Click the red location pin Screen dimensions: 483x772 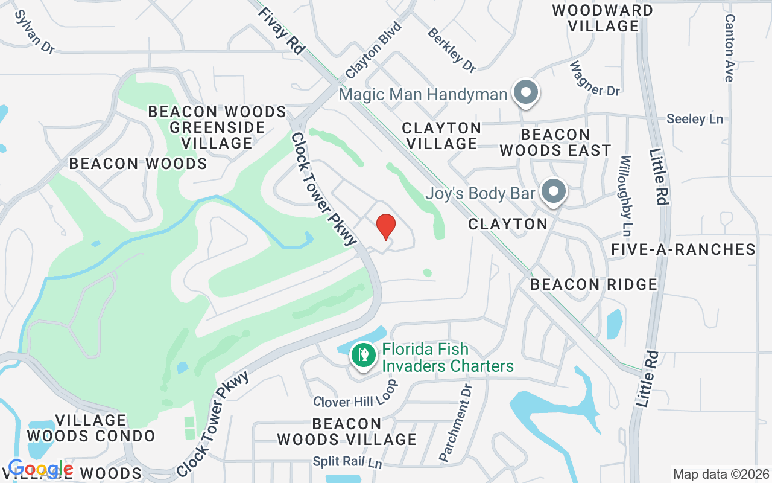(x=386, y=226)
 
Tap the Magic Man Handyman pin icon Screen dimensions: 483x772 (x=526, y=93)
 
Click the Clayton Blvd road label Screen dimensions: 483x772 (x=373, y=51)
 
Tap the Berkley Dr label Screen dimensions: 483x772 (x=452, y=50)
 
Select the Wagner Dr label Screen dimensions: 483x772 (x=594, y=78)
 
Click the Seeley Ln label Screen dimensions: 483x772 (x=695, y=119)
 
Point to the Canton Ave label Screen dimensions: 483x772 (x=729, y=48)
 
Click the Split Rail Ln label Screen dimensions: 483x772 (x=347, y=462)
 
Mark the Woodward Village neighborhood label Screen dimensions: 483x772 (x=603, y=18)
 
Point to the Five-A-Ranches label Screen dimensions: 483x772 (x=683, y=249)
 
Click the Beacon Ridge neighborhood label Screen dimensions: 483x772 (x=594, y=284)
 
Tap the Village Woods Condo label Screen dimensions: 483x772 (x=91, y=428)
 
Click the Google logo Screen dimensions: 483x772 (x=41, y=469)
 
